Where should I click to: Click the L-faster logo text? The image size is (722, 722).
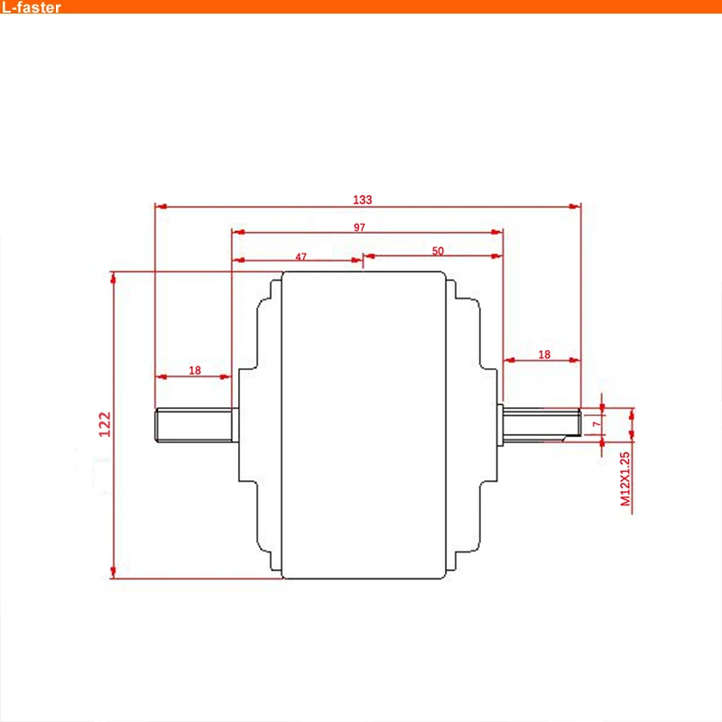pyautogui.click(x=31, y=8)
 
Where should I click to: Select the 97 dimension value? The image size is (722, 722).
pyautogui.click(x=359, y=227)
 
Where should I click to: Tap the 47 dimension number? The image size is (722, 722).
pyautogui.click(x=301, y=256)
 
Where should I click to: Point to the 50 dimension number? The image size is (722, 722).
pyautogui.click(x=438, y=251)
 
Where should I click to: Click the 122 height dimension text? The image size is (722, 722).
pyautogui.click(x=104, y=424)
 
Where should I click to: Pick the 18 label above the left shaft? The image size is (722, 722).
pyautogui.click(x=195, y=370)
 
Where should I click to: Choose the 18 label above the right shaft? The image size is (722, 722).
pyautogui.click(x=543, y=355)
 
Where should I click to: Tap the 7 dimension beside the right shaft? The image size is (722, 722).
pyautogui.click(x=596, y=422)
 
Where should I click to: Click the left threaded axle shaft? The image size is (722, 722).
pyautogui.click(x=194, y=425)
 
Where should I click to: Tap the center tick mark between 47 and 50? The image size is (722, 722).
pyautogui.click(x=363, y=260)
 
